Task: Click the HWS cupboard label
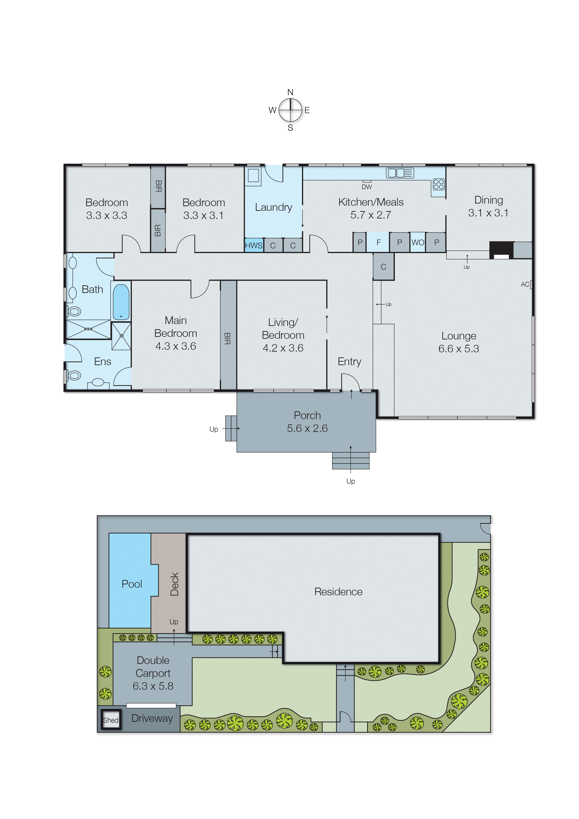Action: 253,245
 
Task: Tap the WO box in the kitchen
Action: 418,243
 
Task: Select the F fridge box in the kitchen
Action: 378,243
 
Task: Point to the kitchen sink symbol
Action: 400,173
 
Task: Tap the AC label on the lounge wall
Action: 525,284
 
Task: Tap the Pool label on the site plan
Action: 132,584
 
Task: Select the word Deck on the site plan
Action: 174,584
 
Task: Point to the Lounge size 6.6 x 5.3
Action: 459,349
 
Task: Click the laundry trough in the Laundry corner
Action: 253,176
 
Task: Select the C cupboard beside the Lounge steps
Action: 383,267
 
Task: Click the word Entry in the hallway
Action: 349,361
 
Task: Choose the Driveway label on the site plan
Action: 152,718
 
